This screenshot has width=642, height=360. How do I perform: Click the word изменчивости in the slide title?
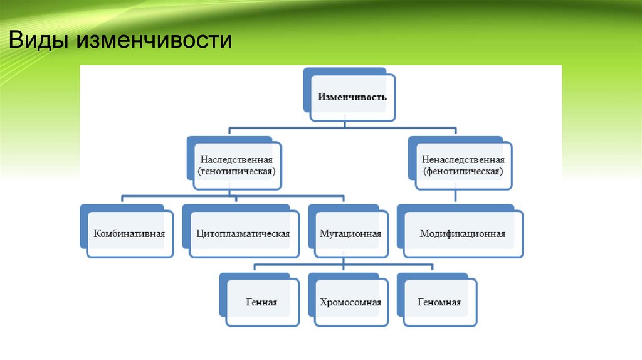[154, 41]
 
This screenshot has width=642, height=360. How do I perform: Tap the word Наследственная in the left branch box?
[236, 160]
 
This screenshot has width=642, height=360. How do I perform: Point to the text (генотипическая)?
[236, 171]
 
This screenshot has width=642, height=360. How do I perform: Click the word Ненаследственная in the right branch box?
[463, 160]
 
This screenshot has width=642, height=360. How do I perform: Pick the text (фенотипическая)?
[463, 171]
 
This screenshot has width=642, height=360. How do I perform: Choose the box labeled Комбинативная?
[129, 234]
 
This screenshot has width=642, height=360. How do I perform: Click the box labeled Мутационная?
[350, 234]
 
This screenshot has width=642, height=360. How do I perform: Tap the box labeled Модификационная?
[462, 234]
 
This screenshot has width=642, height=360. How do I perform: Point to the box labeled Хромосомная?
[350, 302]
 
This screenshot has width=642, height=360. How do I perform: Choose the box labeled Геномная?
[439, 302]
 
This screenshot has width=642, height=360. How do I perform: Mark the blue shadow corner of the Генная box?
[223, 279]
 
